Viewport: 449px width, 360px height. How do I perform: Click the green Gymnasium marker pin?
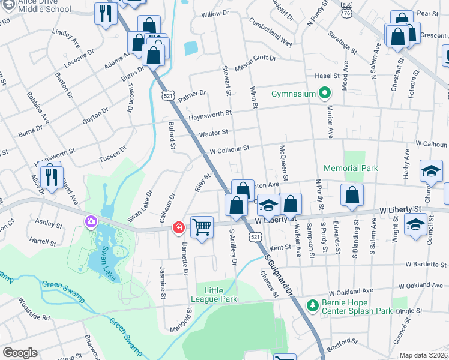tap(325, 94)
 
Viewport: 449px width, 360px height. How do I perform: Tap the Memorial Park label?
tap(351, 168)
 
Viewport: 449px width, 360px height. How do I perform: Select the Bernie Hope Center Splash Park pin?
tap(312, 306)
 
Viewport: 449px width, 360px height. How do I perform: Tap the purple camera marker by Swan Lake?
tap(91, 222)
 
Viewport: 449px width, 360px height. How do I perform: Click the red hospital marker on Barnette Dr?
tap(178, 227)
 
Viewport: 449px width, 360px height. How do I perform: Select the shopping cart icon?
tap(202, 227)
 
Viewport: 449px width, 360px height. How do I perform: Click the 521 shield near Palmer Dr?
tap(167, 95)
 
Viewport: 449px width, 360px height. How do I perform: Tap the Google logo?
tap(20, 353)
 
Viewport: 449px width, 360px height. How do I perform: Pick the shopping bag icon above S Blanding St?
tap(352, 195)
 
